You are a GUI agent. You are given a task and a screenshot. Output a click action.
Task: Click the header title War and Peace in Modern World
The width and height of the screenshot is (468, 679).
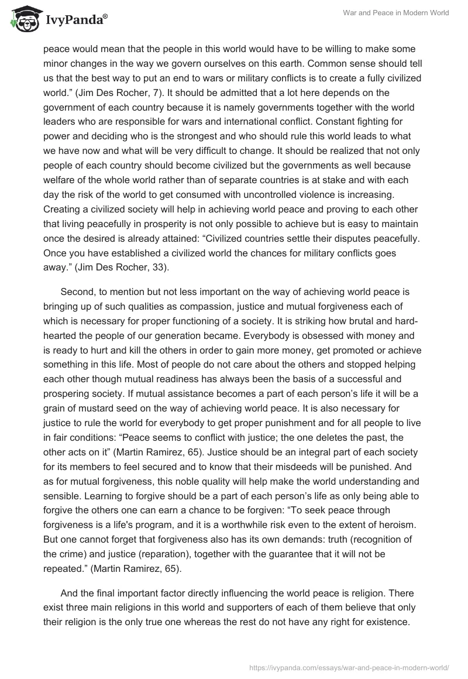pyautogui.click(x=401, y=13)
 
